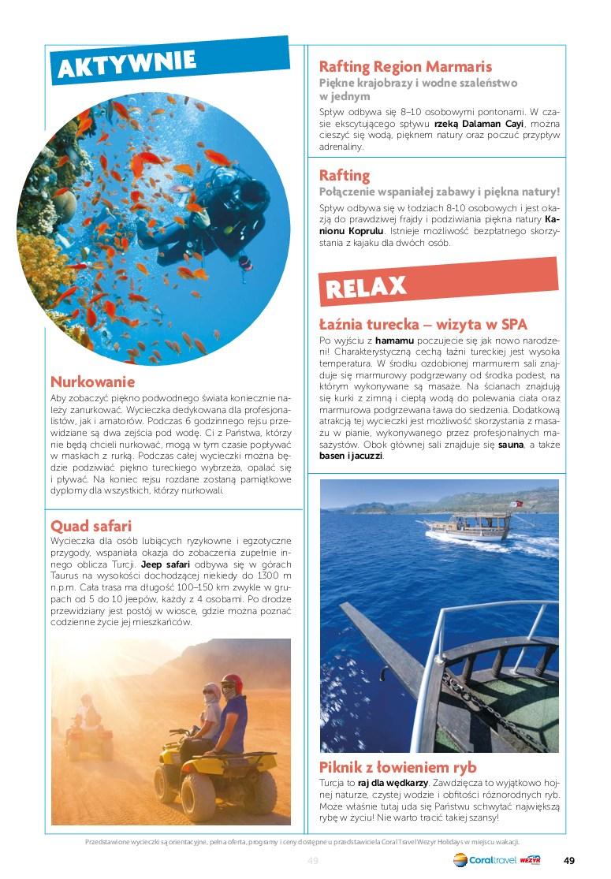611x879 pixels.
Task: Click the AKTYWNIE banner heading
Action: pos(127,62)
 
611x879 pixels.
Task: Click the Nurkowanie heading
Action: pos(92,382)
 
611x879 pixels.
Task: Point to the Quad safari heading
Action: pos(91,525)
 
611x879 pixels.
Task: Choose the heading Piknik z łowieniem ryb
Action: pos(397,767)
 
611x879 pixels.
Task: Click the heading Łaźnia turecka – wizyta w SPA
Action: pos(423,324)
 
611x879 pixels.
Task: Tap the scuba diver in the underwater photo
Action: pos(214,210)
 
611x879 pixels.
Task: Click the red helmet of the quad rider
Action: pos(231,681)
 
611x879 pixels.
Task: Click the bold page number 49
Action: pos(569,859)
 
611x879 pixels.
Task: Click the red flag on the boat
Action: pos(517,504)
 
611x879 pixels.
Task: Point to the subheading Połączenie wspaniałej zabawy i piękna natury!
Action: pos(439,191)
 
